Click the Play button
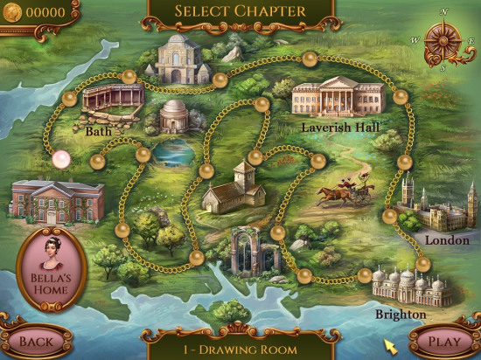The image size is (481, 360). click(443, 341)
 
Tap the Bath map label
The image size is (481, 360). click(99, 132)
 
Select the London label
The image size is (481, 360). click(447, 239)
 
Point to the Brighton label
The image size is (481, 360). click(400, 314)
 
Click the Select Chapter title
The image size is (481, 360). click(240, 11)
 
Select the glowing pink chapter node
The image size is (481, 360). click(61, 159)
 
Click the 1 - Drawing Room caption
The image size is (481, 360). click(240, 349)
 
